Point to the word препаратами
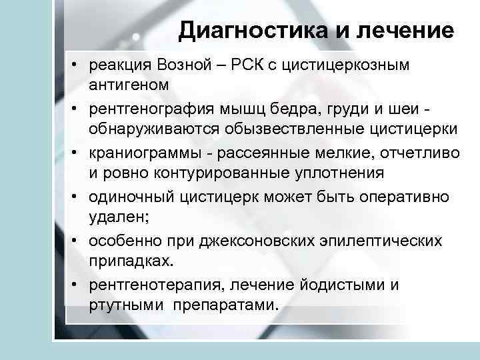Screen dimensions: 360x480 [227, 305]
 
